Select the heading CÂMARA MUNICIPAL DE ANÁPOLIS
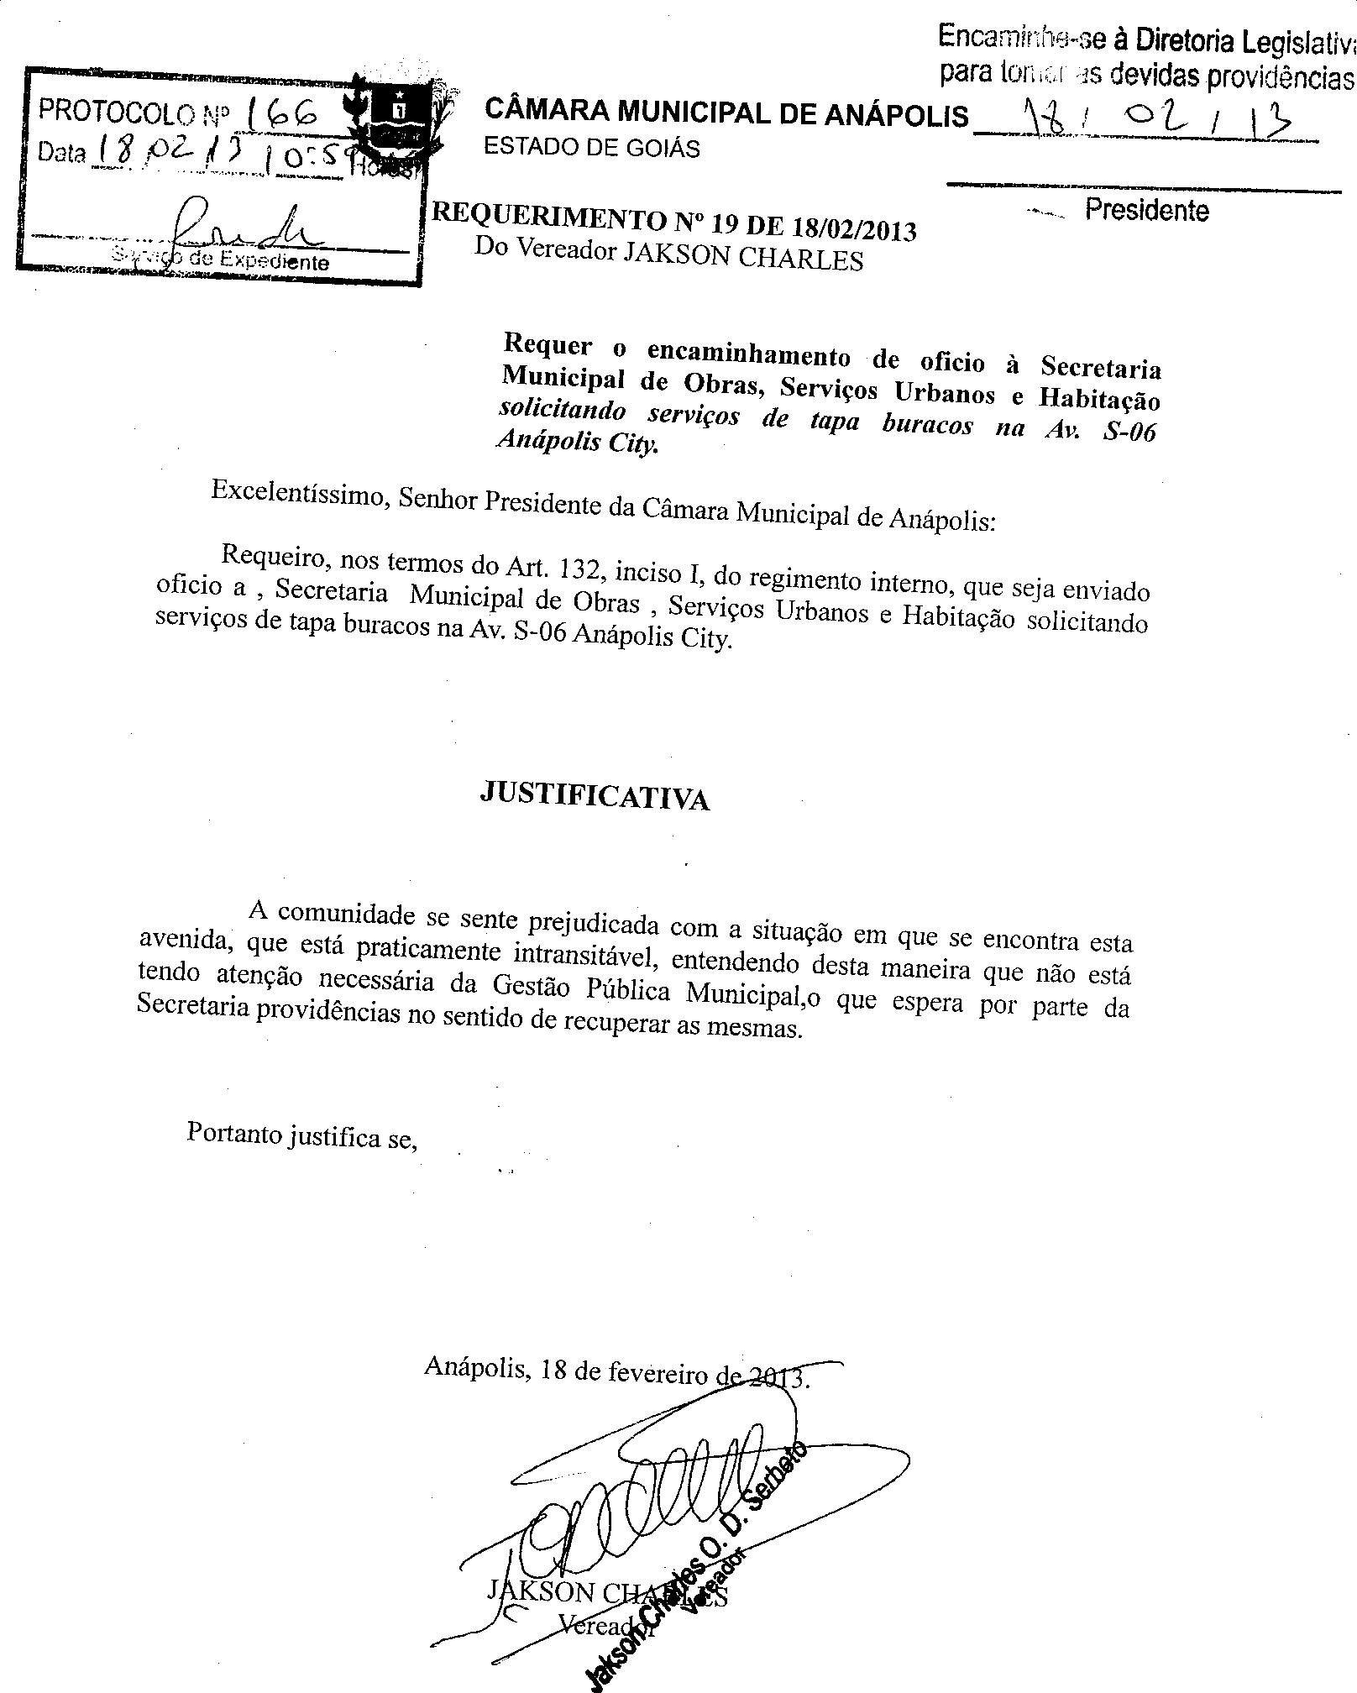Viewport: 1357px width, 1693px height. click(726, 113)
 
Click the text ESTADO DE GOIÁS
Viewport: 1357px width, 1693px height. click(592, 149)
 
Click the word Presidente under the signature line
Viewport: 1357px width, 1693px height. click(1146, 210)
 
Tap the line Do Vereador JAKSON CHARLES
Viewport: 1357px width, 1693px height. click(668, 254)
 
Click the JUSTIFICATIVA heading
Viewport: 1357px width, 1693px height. click(595, 794)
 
